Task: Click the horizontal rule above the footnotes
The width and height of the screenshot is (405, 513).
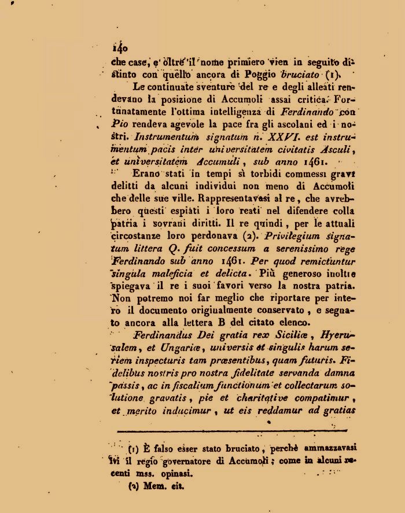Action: pyautogui.click(x=231, y=431)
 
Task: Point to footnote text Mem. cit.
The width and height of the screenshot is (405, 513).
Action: pyautogui.click(x=163, y=486)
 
